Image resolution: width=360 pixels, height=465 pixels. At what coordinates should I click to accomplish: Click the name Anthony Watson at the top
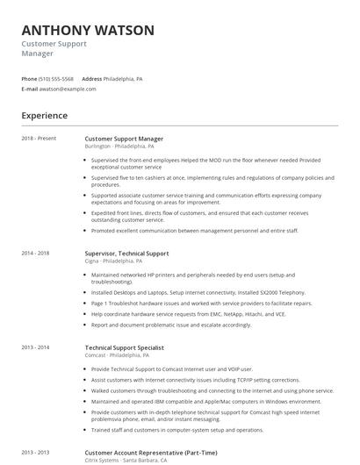pos(88,30)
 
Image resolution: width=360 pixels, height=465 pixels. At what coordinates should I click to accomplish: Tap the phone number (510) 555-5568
pos(56,79)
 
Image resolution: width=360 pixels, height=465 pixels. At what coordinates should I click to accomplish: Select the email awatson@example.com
pos(68,89)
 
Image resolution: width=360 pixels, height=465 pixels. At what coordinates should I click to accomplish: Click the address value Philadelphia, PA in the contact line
pos(123,79)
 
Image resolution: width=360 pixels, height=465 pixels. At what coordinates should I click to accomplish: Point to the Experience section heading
pos(45,115)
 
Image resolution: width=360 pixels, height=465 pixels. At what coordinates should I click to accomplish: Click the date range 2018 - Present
pos(39,139)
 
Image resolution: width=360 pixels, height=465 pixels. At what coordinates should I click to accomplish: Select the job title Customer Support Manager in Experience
pos(124,139)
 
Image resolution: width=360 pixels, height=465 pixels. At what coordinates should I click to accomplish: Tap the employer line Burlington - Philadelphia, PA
pos(124,147)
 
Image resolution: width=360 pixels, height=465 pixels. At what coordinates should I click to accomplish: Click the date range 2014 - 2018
pos(36,253)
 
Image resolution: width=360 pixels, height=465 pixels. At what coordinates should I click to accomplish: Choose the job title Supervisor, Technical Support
pos(126,253)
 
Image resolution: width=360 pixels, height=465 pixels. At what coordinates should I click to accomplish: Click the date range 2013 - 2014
pos(36,347)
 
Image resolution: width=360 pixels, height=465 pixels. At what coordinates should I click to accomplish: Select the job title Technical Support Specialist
pos(125,347)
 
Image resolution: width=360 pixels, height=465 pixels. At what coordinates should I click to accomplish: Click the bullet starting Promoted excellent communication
pos(195,231)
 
